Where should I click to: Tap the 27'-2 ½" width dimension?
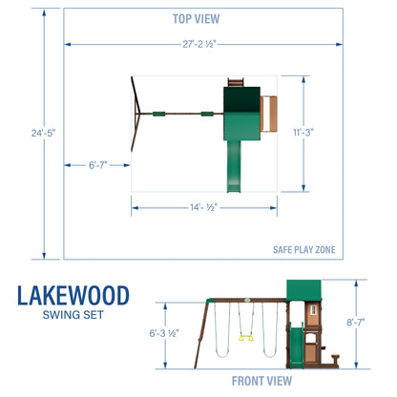point(198,44)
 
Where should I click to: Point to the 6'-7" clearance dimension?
point(97,166)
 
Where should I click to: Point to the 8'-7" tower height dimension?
point(356,324)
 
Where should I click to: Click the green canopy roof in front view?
point(304,292)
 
